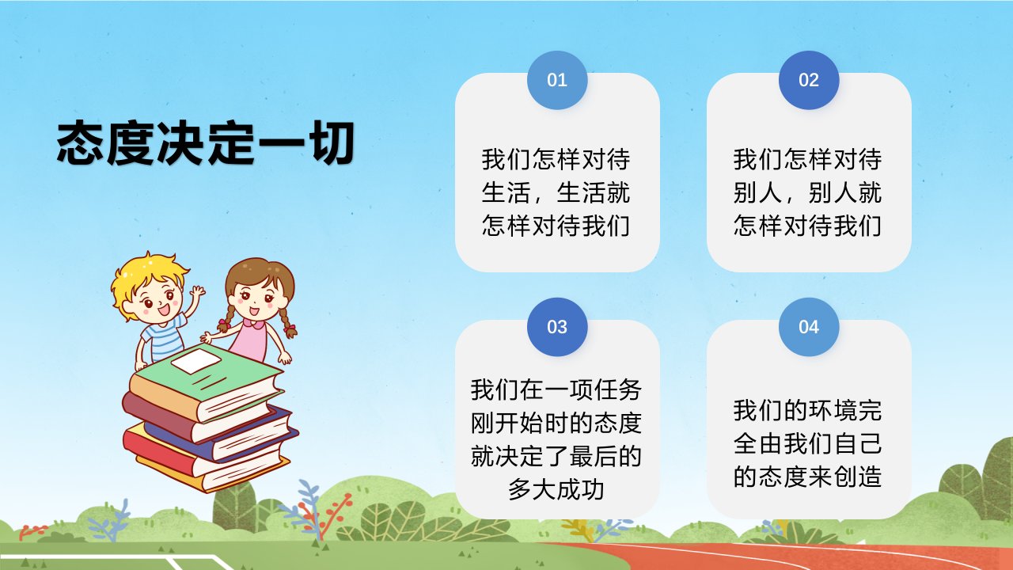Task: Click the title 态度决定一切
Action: (x=205, y=143)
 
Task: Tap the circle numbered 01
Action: (x=557, y=80)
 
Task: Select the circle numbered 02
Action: (x=809, y=80)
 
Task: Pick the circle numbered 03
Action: (x=557, y=327)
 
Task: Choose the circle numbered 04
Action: (x=809, y=327)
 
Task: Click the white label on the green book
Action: (x=195, y=361)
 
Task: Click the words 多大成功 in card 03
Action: (x=556, y=489)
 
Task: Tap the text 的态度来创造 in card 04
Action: (x=808, y=476)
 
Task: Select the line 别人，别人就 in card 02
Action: (x=808, y=192)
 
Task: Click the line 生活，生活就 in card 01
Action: (x=556, y=192)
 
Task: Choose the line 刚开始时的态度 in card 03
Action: (x=556, y=423)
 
